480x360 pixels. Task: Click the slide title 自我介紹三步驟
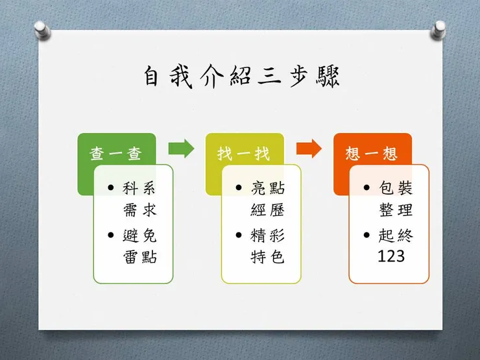pos(241,77)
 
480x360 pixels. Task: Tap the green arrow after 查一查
pos(181,149)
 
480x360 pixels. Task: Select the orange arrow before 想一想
pos(309,149)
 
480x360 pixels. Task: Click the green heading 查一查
pos(115,154)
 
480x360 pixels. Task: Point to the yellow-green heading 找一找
pos(243,154)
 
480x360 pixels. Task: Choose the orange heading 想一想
pos(372,154)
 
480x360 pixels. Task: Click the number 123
pos(391,256)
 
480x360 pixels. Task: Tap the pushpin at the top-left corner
pos(42,30)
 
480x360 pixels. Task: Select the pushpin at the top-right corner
pos(438,30)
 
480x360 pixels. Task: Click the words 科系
pos(139,188)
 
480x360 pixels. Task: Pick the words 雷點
pos(140,257)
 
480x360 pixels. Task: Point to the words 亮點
pos(267,188)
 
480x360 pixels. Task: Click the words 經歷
pos(267,210)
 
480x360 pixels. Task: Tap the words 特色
pos(267,257)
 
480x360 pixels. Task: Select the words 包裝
pos(396,188)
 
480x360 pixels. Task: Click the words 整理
pos(396,210)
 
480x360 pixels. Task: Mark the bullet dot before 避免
pos(111,235)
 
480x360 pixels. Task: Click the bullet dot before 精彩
pos(239,235)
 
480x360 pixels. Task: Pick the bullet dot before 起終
pos(366,235)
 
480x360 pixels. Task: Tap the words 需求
pos(140,210)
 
